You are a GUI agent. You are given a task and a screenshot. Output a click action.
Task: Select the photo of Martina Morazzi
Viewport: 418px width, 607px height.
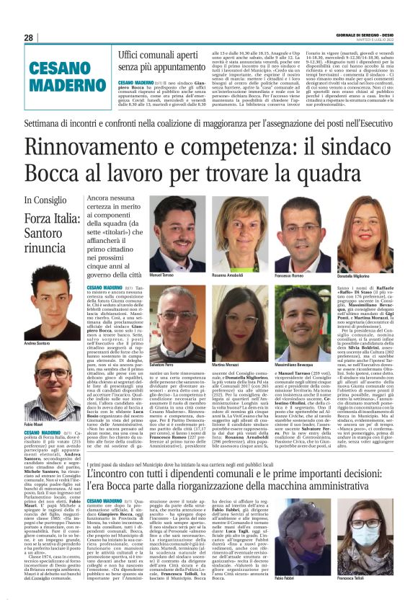coord(239,317)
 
